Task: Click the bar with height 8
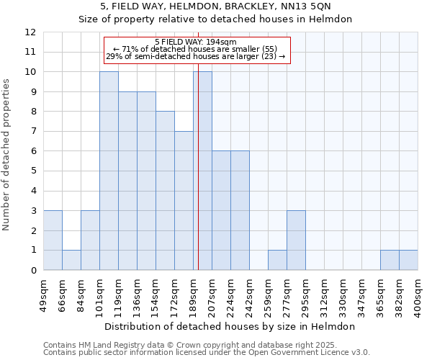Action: click(165, 191)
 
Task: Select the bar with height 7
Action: click(184, 201)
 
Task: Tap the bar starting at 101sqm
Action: click(109, 171)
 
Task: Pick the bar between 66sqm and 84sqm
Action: click(71, 260)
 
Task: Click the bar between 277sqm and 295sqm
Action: click(296, 240)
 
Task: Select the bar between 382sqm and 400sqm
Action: click(408, 260)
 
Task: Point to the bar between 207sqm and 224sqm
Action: click(221, 210)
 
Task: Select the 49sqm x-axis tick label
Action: click(43, 294)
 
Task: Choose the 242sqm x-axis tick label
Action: click(249, 294)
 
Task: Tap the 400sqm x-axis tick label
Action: click(418, 294)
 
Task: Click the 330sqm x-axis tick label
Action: click(343, 294)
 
